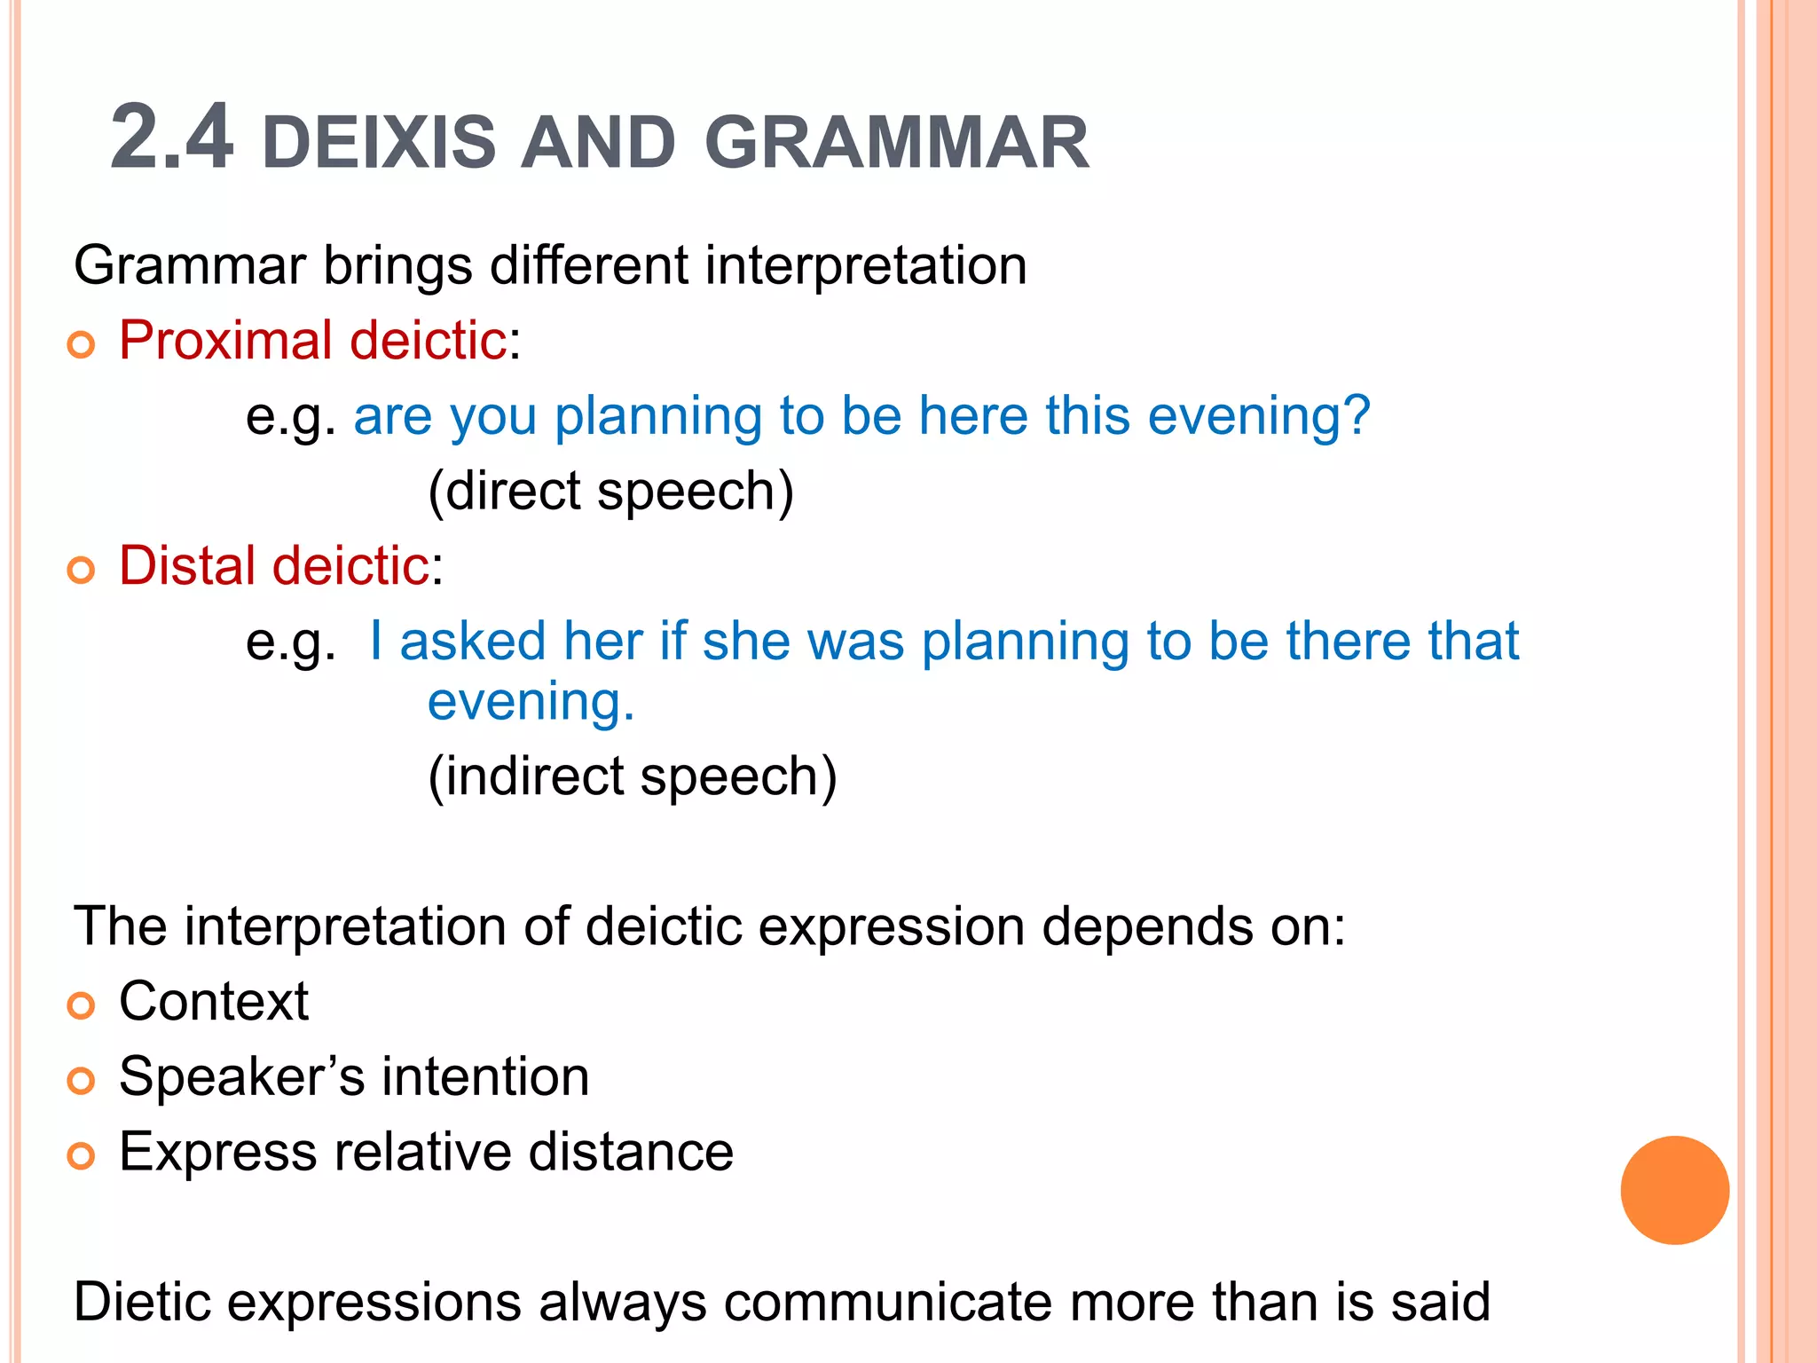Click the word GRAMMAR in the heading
(896, 143)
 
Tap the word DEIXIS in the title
(379, 143)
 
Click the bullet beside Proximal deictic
(81, 345)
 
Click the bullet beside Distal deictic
(81, 571)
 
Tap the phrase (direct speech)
(610, 492)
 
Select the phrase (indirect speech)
(632, 777)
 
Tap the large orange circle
(1674, 1190)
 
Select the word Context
(214, 1002)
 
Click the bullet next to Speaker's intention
(81, 1081)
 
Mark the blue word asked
(472, 642)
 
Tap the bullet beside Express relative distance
(81, 1156)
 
